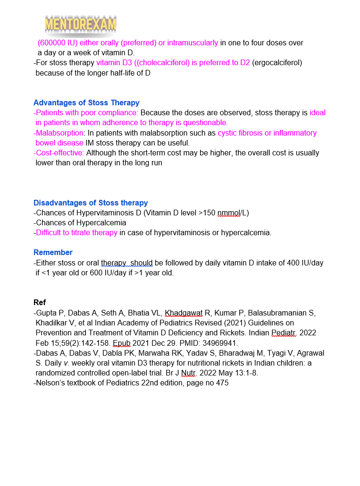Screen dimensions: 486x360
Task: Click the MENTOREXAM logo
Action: (x=81, y=24)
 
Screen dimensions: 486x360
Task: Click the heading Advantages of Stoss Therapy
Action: (x=86, y=102)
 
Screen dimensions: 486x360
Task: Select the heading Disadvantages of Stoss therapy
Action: (x=91, y=203)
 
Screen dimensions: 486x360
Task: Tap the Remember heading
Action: (x=53, y=252)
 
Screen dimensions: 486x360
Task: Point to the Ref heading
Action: (x=40, y=302)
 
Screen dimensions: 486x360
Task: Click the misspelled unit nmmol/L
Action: (x=229, y=213)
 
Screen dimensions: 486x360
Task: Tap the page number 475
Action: (x=222, y=383)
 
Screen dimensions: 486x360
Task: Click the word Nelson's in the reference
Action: (x=50, y=383)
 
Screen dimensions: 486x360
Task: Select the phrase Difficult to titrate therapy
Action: (x=76, y=232)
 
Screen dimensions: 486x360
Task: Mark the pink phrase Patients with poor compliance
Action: (x=87, y=113)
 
